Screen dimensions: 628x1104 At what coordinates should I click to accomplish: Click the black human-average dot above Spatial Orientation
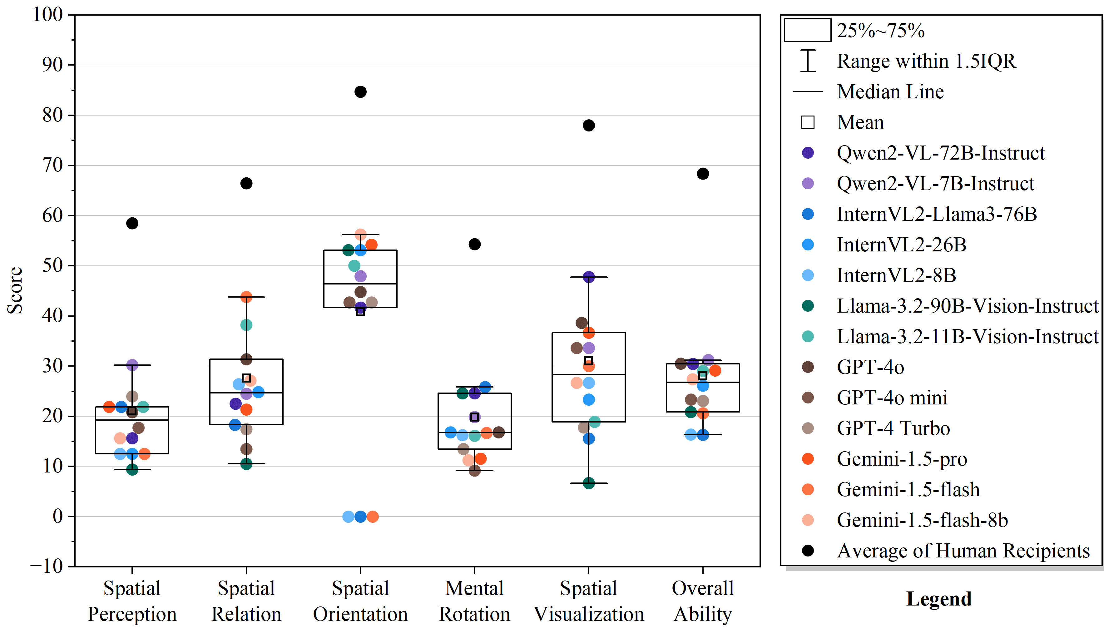[x=360, y=92]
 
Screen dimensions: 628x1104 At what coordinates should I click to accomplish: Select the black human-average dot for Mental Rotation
[x=474, y=244]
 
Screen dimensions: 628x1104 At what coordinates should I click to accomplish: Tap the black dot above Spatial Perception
[x=132, y=223]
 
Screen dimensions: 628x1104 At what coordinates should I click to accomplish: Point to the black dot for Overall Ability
[x=702, y=174]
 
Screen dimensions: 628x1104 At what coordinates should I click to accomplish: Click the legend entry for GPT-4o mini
[x=892, y=398]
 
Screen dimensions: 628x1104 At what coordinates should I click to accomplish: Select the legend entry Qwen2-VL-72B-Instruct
[x=941, y=153]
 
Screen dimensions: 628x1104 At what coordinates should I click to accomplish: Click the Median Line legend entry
[x=890, y=92]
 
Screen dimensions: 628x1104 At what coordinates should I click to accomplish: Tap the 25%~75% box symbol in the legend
[x=807, y=30]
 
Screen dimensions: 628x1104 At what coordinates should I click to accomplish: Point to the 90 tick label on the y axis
[x=52, y=65]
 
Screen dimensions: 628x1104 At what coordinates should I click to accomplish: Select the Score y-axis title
[x=15, y=290]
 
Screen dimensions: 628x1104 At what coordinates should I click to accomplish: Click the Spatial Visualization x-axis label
[x=589, y=601]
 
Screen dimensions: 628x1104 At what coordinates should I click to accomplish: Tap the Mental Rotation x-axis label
[x=474, y=601]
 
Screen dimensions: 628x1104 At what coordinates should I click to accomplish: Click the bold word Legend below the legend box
[x=939, y=599]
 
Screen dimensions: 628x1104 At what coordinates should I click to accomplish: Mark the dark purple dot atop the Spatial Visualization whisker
[x=589, y=277]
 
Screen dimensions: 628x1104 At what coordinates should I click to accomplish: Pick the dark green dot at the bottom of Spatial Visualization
[x=589, y=483]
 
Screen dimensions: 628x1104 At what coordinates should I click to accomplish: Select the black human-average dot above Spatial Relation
[x=246, y=183]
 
